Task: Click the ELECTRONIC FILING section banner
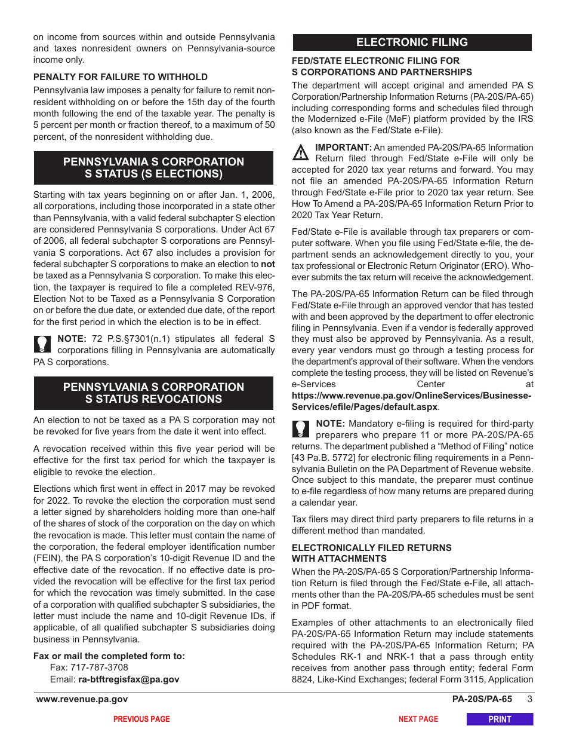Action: (x=412, y=42)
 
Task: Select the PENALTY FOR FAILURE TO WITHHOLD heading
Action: (x=121, y=77)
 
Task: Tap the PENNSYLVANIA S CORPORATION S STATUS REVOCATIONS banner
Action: (x=153, y=393)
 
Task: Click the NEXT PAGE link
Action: (x=418, y=719)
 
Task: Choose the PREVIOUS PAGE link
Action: (x=141, y=719)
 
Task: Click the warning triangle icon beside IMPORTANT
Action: (x=301, y=154)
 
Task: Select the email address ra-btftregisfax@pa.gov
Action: (x=128, y=679)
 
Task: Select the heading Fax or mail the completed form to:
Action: (x=109, y=656)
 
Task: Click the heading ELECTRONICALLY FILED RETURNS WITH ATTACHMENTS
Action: (x=371, y=553)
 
